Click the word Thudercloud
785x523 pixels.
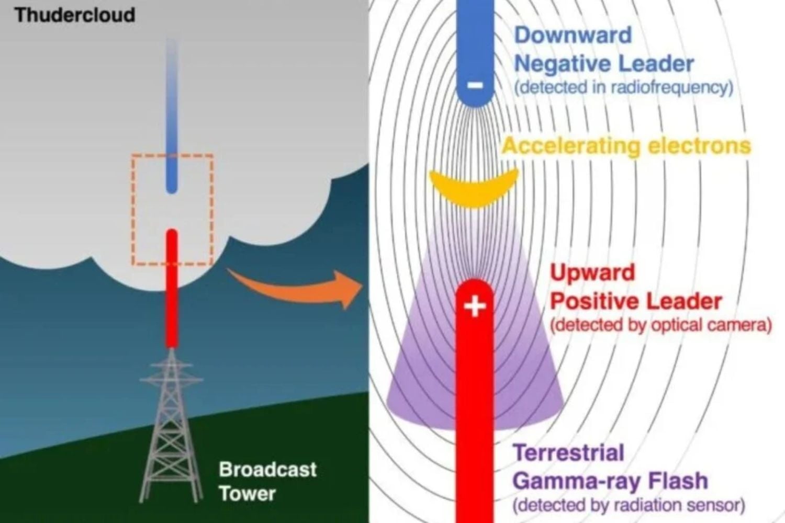(75, 15)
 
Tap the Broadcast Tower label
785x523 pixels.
(267, 481)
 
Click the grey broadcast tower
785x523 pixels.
(171, 426)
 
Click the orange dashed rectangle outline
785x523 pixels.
(132, 210)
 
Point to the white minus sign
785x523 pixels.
(475, 85)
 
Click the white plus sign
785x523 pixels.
(475, 306)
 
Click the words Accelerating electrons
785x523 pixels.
(626, 146)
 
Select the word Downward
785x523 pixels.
(573, 35)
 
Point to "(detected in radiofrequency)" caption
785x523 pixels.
(624, 87)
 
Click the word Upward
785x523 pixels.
(592, 272)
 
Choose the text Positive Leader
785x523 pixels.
(636, 301)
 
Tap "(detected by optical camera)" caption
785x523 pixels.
(661, 325)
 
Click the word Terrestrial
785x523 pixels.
(569, 452)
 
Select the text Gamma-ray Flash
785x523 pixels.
(611, 481)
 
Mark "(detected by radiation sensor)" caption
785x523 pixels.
(629, 505)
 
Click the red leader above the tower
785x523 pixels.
(172, 288)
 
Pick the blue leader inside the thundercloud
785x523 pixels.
(172, 116)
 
